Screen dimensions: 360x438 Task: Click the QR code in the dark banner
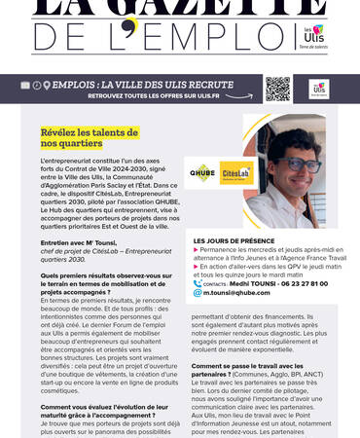277,90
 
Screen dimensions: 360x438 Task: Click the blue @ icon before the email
198,292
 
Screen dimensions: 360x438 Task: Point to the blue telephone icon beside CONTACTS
198,282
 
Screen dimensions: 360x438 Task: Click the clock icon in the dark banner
37,86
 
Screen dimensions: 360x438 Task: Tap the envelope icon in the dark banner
25,86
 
